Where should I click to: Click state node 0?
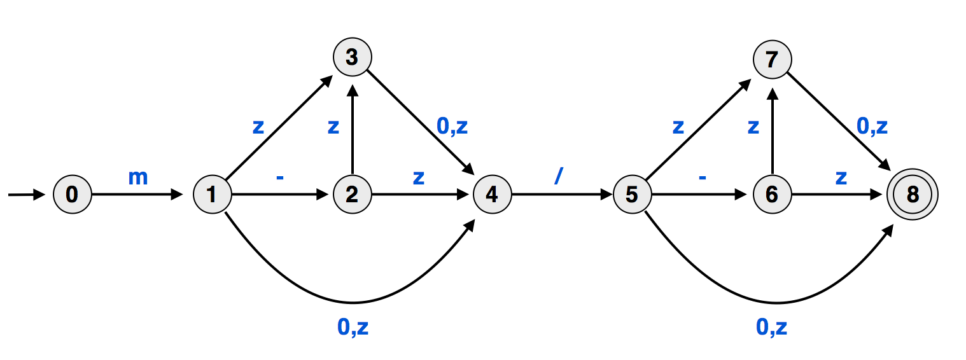pos(72,195)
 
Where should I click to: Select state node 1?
pos(212,195)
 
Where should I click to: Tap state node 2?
pos(352,195)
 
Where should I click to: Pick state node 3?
pos(352,57)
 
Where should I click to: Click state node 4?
pos(492,195)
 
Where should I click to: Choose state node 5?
pos(632,195)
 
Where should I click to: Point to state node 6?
pos(772,195)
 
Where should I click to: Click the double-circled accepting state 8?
pos(913,195)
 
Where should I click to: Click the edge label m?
pos(138,177)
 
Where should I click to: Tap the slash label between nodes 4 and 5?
pos(558,177)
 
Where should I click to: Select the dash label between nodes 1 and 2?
pos(279,178)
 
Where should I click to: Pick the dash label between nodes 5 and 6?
pos(702,178)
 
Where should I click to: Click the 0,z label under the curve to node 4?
pos(353,327)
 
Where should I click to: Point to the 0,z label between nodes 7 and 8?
pos(872,127)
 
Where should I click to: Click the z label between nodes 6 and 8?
pos(841,177)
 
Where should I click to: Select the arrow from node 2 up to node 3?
pos(352,134)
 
